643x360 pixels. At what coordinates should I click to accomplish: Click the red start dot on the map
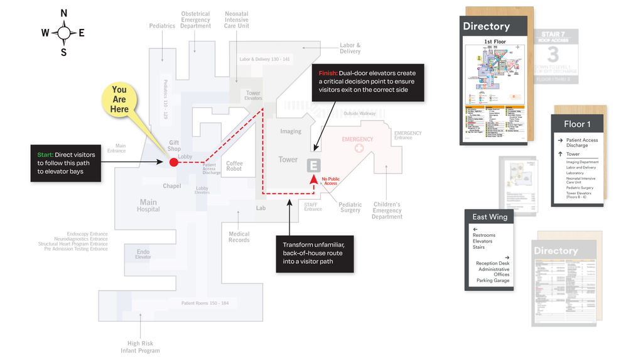(174, 163)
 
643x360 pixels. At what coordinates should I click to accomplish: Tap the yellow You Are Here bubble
(119, 99)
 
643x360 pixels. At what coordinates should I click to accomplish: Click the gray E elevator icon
(313, 165)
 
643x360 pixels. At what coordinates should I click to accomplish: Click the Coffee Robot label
(234, 166)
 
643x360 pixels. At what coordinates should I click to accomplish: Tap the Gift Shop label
(174, 146)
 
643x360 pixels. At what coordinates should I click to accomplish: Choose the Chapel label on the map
(171, 186)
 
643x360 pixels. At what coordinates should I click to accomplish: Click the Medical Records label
(239, 237)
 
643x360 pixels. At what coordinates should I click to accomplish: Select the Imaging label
(291, 131)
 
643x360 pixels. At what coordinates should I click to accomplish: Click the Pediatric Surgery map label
(350, 207)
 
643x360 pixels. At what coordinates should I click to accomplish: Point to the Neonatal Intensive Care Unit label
(237, 19)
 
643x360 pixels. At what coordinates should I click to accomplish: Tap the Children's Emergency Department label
(387, 210)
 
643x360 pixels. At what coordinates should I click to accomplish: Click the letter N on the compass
(63, 13)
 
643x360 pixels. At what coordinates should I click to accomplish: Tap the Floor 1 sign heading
(577, 124)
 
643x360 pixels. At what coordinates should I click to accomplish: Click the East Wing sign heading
(490, 217)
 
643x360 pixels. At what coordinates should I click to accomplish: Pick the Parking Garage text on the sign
(493, 280)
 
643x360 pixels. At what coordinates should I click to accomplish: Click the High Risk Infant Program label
(140, 347)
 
